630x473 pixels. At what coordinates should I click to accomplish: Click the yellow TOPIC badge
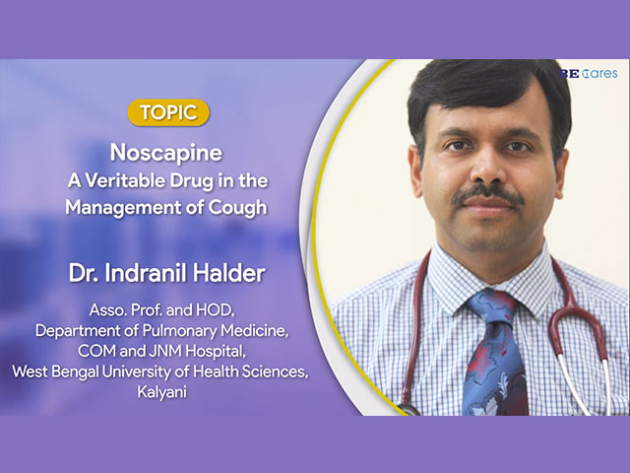click(168, 112)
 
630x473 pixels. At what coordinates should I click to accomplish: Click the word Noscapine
click(166, 153)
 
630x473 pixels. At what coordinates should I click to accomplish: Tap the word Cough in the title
click(237, 208)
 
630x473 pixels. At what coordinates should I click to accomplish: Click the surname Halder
click(228, 273)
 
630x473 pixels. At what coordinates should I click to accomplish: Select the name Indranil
click(145, 273)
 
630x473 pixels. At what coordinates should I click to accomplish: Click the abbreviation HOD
click(215, 310)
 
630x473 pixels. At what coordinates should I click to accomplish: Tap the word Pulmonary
click(179, 331)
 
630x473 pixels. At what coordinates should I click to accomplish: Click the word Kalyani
click(161, 392)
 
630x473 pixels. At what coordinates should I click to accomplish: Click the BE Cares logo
click(588, 74)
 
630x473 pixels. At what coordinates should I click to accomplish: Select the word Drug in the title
click(191, 181)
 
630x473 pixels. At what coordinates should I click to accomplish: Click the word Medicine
click(255, 331)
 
